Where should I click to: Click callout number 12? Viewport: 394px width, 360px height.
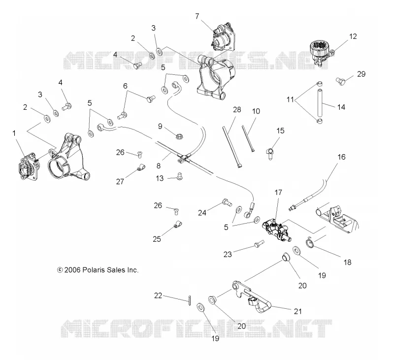click(x=353, y=36)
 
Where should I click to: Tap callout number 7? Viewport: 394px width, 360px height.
click(x=197, y=16)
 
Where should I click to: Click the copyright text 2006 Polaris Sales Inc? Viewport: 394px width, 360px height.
click(x=98, y=270)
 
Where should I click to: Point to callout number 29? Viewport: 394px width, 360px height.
click(x=361, y=74)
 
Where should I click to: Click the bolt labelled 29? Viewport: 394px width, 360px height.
click(x=340, y=81)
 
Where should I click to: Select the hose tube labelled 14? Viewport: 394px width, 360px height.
click(x=320, y=101)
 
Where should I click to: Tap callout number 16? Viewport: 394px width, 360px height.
click(x=341, y=157)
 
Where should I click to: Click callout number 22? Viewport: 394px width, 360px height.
click(x=158, y=295)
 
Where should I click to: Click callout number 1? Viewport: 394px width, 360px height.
click(x=14, y=133)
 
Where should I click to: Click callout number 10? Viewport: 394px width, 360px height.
click(x=256, y=111)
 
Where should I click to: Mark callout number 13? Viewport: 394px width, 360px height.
click(x=160, y=178)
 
